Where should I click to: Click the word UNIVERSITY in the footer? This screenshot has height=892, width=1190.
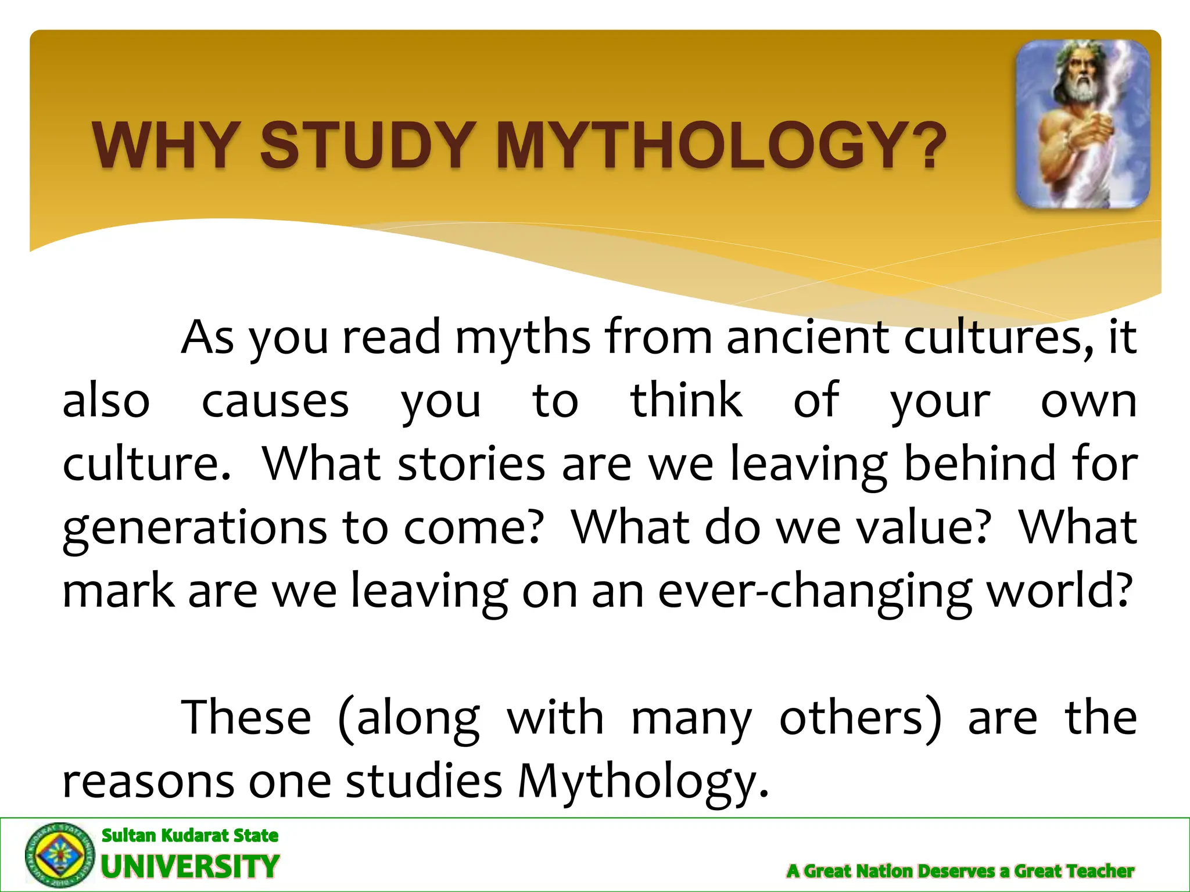coord(190,866)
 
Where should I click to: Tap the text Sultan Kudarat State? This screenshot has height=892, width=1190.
coord(190,835)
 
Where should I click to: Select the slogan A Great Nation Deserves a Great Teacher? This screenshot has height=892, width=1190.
coord(960,871)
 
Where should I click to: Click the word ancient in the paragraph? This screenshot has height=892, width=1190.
coord(808,338)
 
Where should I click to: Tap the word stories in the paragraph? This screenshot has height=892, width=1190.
coord(471,465)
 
